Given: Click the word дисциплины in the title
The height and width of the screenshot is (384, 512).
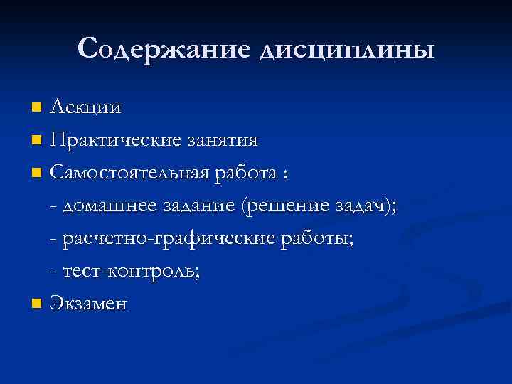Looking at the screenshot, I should pyautogui.click(x=346, y=50).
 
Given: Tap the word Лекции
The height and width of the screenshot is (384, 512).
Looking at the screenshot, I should pyautogui.click(x=86, y=109).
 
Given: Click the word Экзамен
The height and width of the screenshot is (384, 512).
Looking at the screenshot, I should pyautogui.click(x=90, y=304).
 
